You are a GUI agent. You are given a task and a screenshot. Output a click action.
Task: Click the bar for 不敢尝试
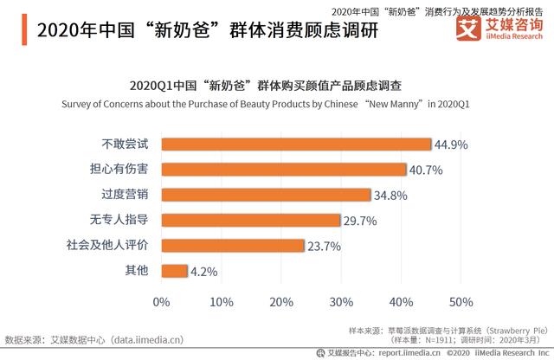[296, 145]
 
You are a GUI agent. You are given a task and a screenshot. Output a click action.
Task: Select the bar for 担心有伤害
[284, 170]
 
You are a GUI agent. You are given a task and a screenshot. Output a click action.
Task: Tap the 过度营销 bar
[266, 195]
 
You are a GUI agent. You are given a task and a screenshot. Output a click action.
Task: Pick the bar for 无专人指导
[250, 220]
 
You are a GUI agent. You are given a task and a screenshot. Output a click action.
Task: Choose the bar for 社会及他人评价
[232, 245]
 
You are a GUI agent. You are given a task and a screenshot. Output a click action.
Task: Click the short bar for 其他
[174, 271]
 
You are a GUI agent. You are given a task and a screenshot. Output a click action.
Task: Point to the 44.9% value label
[451, 145]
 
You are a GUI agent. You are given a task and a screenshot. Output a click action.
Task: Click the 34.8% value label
[390, 196]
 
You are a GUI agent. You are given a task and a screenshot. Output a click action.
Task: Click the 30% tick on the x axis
[341, 302]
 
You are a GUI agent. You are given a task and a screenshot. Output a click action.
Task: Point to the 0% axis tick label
[161, 302]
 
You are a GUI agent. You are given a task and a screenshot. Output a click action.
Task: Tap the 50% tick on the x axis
[461, 302]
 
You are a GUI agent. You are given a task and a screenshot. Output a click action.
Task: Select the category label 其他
[137, 271]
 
